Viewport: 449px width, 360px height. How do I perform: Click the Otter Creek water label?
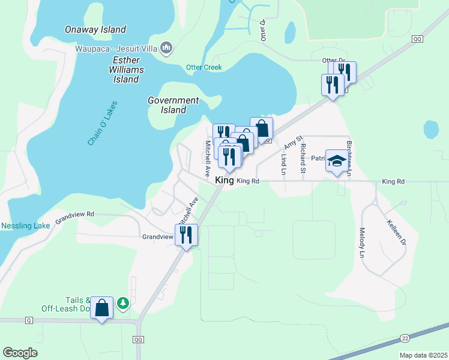coord(203,67)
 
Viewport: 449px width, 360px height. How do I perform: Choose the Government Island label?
coord(173,105)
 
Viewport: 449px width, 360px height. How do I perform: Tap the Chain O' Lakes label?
coord(103,123)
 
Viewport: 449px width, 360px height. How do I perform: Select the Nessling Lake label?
coord(25,226)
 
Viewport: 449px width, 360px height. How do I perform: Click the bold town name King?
coord(224,180)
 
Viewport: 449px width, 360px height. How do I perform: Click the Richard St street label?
coord(303,156)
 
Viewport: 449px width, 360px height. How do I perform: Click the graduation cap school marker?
coord(337,161)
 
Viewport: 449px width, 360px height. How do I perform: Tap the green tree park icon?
coord(123,303)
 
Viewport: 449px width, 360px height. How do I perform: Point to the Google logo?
coord(20,353)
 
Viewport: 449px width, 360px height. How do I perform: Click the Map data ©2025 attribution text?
coord(423,355)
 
